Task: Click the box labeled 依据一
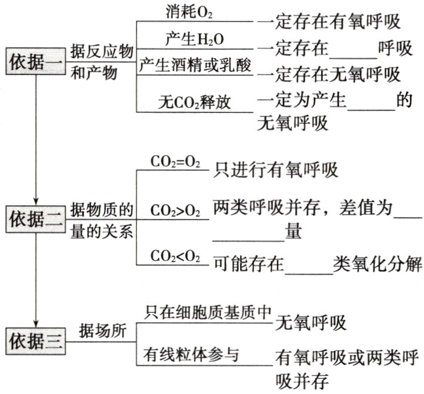point(35,61)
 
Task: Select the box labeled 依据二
point(35,219)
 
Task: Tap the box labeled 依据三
point(35,339)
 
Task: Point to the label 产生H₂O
point(188,40)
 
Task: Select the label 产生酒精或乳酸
point(195,66)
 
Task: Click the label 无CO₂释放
point(195,101)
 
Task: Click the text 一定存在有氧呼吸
point(329,22)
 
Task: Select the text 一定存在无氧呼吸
point(329,74)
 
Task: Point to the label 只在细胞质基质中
point(207,312)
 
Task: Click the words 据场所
point(103,332)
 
